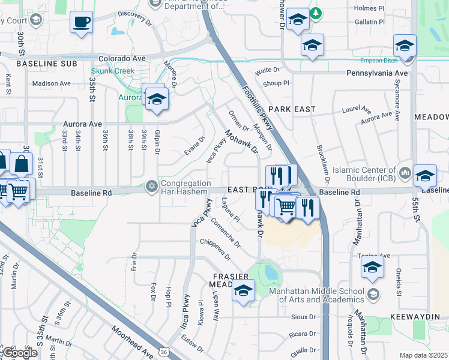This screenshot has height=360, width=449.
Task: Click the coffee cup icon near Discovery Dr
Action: coord(81,23)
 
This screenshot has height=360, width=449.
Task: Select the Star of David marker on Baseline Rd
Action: coord(150,187)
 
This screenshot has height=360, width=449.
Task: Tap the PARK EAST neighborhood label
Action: coord(292,109)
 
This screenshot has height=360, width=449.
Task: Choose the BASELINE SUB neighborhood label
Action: coord(40,63)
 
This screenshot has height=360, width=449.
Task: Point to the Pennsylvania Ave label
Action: coord(377,73)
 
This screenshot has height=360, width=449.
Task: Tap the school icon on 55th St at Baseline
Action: coord(425,176)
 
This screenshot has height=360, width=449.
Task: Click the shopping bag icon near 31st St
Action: coord(21,164)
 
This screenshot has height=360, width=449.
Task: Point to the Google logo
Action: coord(20,353)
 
